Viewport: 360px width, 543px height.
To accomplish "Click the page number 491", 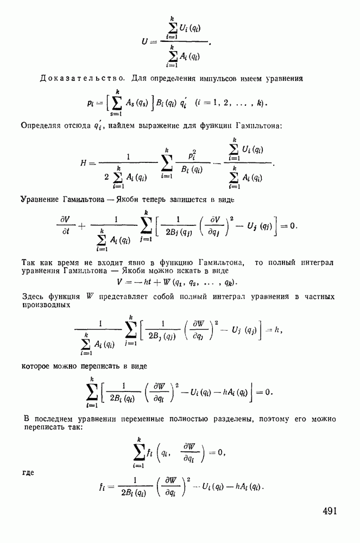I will [330, 512].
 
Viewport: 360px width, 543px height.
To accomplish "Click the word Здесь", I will [33, 297].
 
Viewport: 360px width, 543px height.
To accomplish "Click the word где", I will [28, 472].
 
